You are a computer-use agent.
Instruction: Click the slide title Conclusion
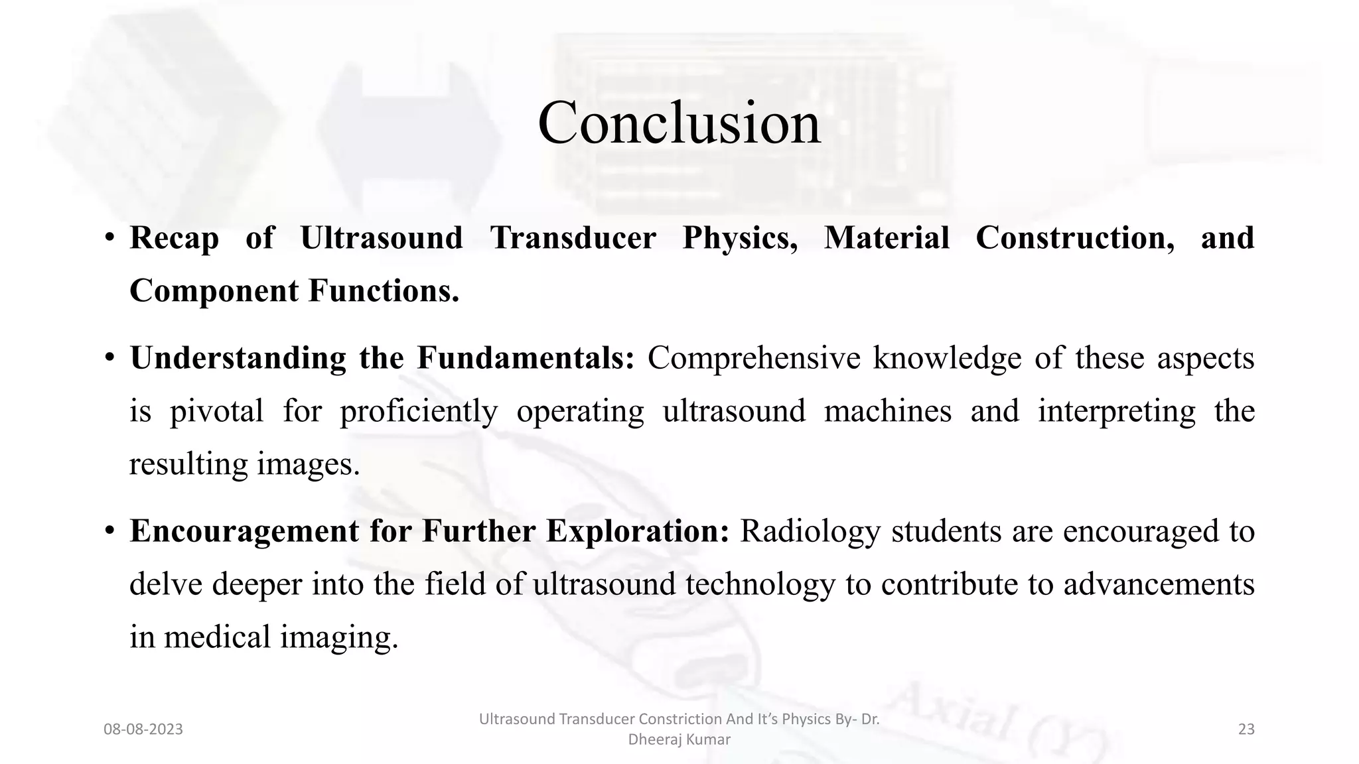click(x=679, y=123)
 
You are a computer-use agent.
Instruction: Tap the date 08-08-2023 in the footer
click(x=143, y=730)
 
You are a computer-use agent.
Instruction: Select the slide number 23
click(x=1246, y=730)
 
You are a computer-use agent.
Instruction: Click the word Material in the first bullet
click(x=887, y=237)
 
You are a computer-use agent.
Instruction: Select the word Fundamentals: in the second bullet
click(x=526, y=358)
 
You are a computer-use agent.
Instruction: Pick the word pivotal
click(x=216, y=411)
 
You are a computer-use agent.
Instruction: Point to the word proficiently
click(x=419, y=412)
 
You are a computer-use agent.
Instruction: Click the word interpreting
click(x=1117, y=412)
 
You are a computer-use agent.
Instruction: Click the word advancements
click(x=1159, y=584)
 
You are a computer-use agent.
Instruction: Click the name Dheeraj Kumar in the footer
click(x=679, y=739)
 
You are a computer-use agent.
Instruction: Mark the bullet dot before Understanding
click(x=109, y=359)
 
